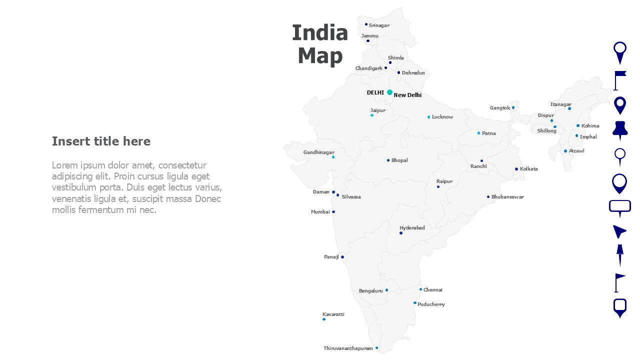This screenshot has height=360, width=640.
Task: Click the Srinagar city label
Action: coord(379,25)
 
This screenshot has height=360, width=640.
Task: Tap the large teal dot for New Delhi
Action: coord(389,92)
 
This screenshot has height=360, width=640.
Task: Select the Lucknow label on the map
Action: coord(442,117)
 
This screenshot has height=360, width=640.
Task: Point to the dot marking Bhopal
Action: coord(388,160)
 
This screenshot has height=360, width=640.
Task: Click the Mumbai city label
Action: coord(320,212)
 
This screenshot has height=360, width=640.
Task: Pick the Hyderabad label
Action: coord(412,228)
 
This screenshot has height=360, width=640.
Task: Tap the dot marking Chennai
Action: coord(420,289)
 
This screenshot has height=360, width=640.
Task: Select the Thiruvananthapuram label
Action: coord(348,348)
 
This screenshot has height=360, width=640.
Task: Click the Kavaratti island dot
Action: coord(324,319)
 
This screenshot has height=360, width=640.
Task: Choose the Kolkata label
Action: coord(529,169)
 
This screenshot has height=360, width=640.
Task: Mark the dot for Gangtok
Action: coord(513,107)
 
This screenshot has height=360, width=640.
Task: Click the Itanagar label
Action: coord(560,104)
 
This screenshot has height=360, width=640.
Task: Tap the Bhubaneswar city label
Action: coord(507,197)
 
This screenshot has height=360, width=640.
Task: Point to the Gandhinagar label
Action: coord(318,152)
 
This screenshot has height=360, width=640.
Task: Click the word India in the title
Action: coord(319,33)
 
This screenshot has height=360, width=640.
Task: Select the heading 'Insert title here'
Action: coord(101,141)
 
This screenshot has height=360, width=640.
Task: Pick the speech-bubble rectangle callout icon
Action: coord(619,207)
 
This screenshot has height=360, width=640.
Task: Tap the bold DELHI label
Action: coord(375,92)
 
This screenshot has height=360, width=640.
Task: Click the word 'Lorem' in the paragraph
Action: coord(64,165)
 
